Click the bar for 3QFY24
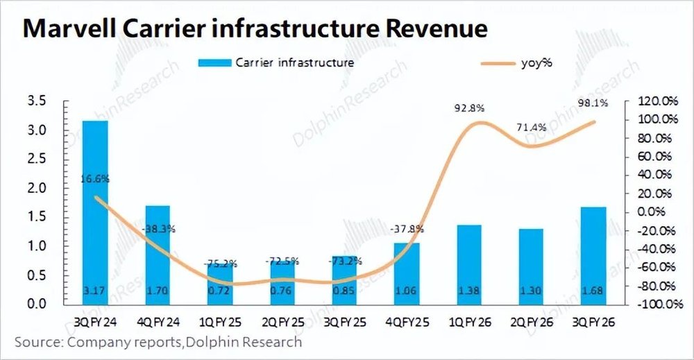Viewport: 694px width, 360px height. tap(95, 212)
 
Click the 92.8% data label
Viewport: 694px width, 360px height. tap(469, 108)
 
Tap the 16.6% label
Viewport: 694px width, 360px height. tap(95, 179)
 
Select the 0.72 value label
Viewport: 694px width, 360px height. tap(219, 290)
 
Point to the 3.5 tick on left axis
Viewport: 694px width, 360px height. tap(36, 101)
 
